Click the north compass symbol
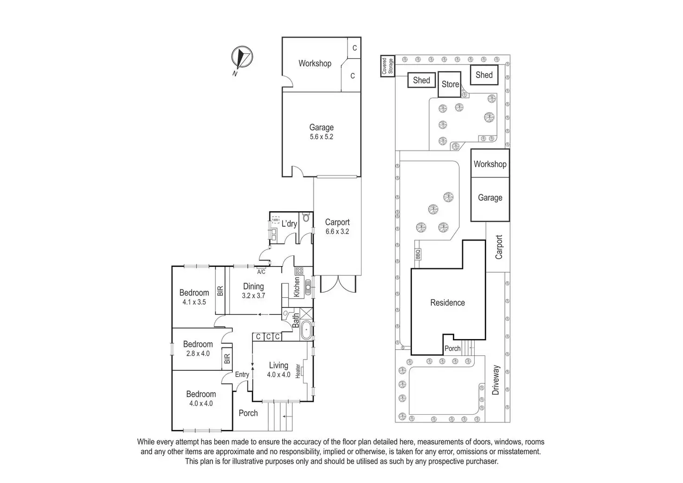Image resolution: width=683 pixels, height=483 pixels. click(241, 58)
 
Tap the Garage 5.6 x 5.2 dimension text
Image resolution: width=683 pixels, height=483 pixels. click(322, 137)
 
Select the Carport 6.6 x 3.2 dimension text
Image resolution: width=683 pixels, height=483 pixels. click(337, 231)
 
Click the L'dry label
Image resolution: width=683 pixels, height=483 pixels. click(289, 224)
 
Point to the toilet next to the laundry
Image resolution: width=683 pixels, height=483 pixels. click(305, 217)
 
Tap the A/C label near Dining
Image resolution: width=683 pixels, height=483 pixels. click(261, 272)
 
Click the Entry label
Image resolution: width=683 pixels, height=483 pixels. click(242, 374)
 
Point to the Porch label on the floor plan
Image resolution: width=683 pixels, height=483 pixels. click(248, 413)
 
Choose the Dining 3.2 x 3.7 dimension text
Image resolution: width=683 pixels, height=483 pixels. click(253, 295)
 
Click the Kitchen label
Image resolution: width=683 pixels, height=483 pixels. click(297, 287)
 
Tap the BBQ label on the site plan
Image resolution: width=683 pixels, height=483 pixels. click(418, 255)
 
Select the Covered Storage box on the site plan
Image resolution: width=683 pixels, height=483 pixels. click(387, 66)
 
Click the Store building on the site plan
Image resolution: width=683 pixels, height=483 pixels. click(450, 84)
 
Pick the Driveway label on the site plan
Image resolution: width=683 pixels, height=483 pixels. click(496, 380)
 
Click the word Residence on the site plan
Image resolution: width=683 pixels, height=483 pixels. click(447, 303)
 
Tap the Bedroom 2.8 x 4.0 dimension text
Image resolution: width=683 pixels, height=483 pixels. click(198, 353)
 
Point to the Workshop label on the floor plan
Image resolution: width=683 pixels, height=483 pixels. click(315, 63)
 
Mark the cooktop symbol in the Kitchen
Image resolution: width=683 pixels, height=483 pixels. click(299, 270)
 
